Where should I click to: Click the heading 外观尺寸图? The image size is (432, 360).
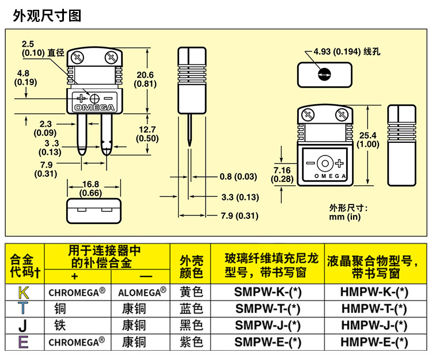pyautogui.click(x=47, y=16)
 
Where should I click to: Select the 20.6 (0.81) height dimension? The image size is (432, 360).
pyautogui.click(x=145, y=79)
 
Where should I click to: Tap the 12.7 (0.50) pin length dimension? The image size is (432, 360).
pyautogui.click(x=147, y=134)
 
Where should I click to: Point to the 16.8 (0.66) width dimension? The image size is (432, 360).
pyautogui.click(x=90, y=189)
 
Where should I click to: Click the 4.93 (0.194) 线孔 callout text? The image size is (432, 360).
pyautogui.click(x=347, y=51)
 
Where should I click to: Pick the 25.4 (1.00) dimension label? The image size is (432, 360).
pyautogui.click(x=368, y=139)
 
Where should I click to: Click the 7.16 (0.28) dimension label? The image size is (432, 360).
pyautogui.click(x=282, y=175)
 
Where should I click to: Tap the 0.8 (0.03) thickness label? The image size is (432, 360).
pyautogui.click(x=238, y=177)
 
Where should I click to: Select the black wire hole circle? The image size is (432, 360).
pyautogui.click(x=324, y=74)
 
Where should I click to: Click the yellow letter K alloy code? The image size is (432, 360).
pyautogui.click(x=24, y=293)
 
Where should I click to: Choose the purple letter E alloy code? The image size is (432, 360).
pyautogui.click(x=24, y=342)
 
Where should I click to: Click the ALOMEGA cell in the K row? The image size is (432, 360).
pyautogui.click(x=142, y=292)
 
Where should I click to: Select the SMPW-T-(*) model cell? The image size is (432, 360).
pyautogui.click(x=267, y=309)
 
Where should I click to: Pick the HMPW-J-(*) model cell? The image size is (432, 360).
pyautogui.click(x=374, y=325)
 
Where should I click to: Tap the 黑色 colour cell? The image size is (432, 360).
pyautogui.click(x=191, y=325)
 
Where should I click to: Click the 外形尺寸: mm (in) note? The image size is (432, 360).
pyautogui.click(x=348, y=213)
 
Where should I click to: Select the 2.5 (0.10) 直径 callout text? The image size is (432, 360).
pyautogui.click(x=43, y=48)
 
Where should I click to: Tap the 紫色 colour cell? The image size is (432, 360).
pyautogui.click(x=191, y=342)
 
